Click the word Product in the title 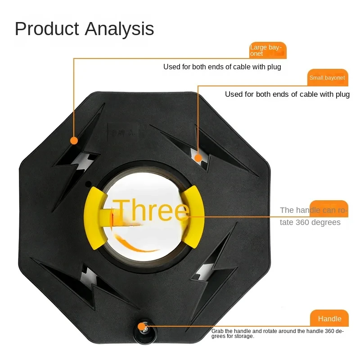click(x=47, y=29)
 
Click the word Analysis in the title click(x=119, y=29)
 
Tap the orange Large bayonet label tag click(x=268, y=50)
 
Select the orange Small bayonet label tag click(x=327, y=77)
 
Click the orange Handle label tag click(x=329, y=318)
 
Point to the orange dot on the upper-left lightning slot click(x=74, y=140)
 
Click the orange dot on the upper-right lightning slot click(x=198, y=157)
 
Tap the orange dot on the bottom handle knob click(x=142, y=327)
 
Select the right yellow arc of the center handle click(x=195, y=216)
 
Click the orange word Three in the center click(x=151, y=211)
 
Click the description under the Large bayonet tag click(x=222, y=67)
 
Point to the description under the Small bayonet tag click(x=287, y=94)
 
